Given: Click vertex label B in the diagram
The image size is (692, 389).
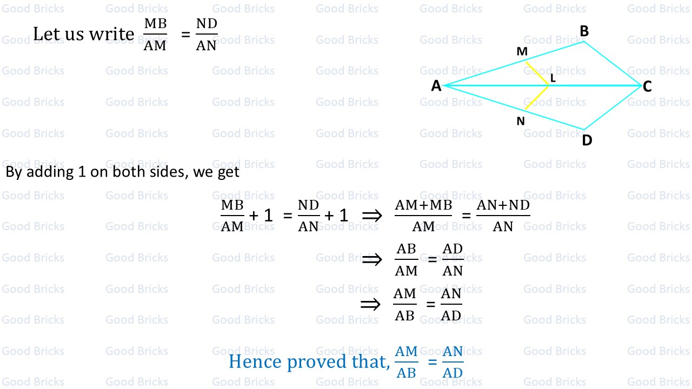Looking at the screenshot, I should pyautogui.click(x=584, y=31).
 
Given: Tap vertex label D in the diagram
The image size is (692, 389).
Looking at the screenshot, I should pyautogui.click(x=587, y=140).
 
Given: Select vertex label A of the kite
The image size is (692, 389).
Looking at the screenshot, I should pyautogui.click(x=436, y=86).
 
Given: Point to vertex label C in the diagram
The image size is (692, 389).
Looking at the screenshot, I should pyautogui.click(x=648, y=86).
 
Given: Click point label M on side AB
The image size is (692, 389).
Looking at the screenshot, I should pyautogui.click(x=522, y=51).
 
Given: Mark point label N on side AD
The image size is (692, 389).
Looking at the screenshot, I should pyautogui.click(x=521, y=121).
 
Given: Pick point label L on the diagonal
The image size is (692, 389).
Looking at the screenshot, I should pyautogui.click(x=553, y=78).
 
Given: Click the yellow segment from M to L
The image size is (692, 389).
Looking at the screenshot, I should pyautogui.click(x=537, y=73).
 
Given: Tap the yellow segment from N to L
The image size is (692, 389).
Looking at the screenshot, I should pyautogui.click(x=536, y=98).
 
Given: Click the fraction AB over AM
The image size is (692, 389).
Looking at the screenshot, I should pyautogui.click(x=407, y=260).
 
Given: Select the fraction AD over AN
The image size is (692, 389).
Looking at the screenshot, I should pyautogui.click(x=453, y=260).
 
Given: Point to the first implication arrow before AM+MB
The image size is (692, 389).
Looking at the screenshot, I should pyautogui.click(x=371, y=216).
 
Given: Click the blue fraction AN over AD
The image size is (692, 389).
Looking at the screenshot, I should pyautogui.click(x=453, y=362).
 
